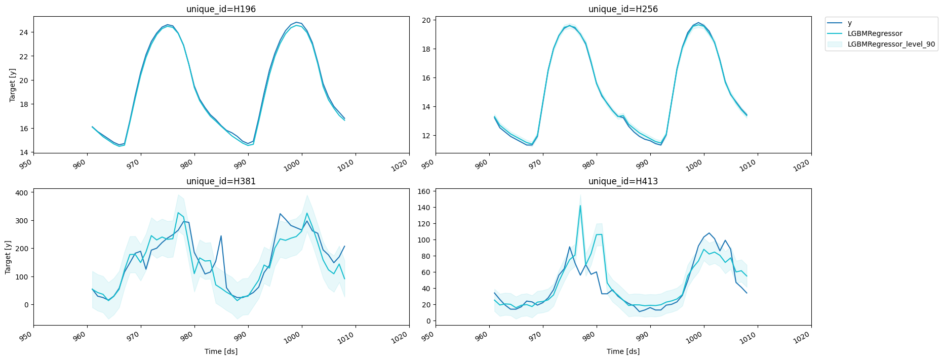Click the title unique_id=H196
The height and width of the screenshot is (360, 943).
point(221,9)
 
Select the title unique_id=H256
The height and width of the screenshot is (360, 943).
point(623,9)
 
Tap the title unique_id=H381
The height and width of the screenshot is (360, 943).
point(221,181)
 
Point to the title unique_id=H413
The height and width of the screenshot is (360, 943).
point(623,181)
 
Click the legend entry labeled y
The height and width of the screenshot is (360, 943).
point(849,23)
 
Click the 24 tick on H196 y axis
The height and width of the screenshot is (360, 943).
point(24,32)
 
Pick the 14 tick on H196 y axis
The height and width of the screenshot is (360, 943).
point(24,152)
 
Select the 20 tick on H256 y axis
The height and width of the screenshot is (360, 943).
point(426,20)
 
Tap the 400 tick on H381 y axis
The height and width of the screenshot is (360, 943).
point(22,192)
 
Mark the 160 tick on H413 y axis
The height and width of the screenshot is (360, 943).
point(424,191)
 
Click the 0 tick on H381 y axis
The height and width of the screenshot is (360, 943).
point(26,305)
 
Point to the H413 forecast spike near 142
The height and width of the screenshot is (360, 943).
point(580,206)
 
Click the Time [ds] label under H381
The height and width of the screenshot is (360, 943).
point(221,351)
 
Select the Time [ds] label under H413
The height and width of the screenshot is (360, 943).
point(623,351)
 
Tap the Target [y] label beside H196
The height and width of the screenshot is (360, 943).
point(13,85)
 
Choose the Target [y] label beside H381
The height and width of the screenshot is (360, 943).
point(8,257)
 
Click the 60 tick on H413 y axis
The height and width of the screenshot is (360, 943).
point(426,272)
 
